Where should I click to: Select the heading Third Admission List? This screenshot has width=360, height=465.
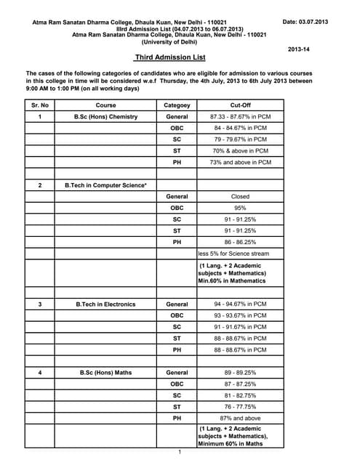[170, 57]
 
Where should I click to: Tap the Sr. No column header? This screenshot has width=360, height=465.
[40, 105]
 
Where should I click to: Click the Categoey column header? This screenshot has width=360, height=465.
[177, 105]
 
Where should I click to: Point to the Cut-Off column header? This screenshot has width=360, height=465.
[239, 105]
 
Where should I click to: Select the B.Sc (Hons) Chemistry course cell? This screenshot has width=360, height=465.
[105, 117]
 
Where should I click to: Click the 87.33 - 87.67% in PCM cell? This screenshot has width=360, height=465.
[239, 117]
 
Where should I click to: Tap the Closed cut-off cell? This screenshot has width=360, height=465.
[239, 196]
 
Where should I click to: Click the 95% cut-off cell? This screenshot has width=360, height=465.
[239, 208]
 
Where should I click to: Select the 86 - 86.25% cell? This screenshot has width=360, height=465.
[239, 242]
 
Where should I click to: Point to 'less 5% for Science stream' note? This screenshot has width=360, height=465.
[233, 254]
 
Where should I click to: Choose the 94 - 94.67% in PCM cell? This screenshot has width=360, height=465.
[239, 304]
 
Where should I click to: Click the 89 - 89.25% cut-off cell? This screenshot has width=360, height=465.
[239, 373]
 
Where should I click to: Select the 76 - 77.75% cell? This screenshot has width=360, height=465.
[239, 407]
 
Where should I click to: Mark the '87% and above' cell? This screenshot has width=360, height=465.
[239, 418]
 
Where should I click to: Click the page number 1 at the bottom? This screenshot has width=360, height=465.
[179, 452]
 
